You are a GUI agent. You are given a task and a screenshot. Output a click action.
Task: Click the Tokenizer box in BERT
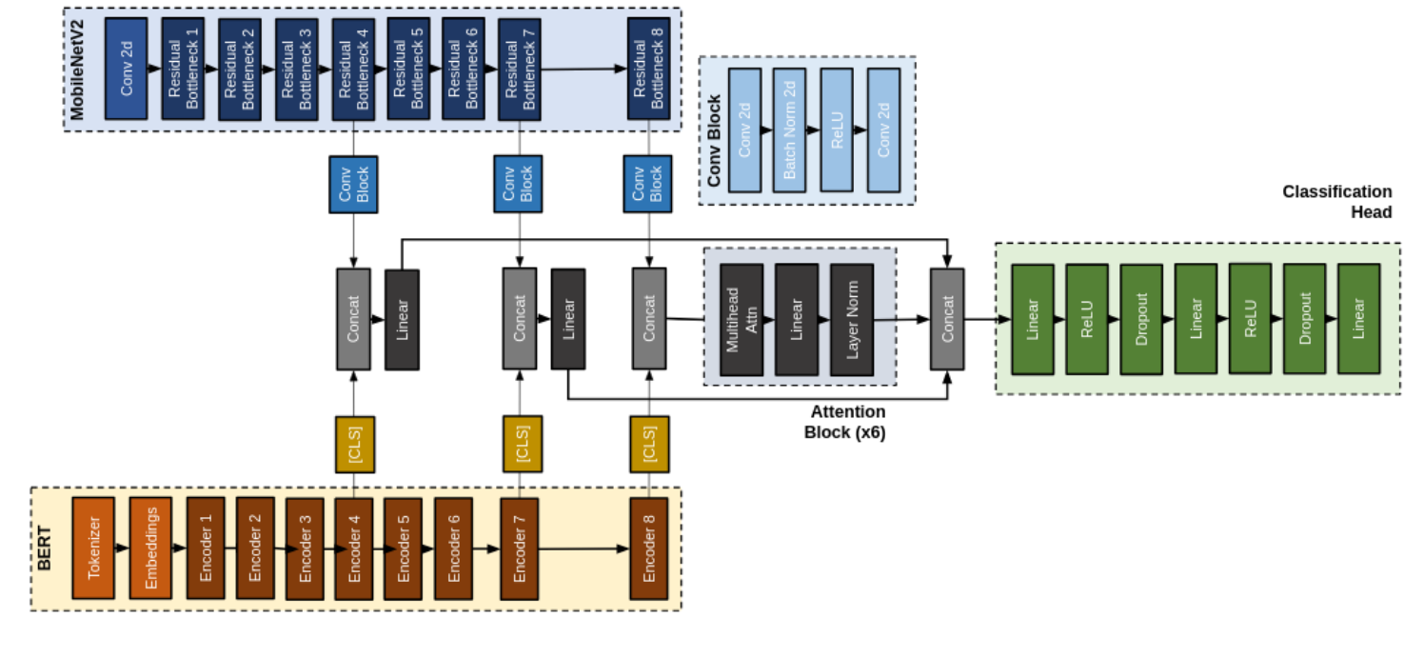coord(92,548)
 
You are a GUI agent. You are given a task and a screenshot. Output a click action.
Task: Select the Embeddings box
coord(149,548)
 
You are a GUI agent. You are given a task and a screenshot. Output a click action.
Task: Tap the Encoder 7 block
coord(519,548)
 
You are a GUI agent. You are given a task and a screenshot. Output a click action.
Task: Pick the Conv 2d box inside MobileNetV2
coord(126,69)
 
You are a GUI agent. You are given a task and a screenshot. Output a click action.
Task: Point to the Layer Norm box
coord(851,319)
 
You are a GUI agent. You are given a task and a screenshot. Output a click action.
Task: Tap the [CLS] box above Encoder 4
coord(354,444)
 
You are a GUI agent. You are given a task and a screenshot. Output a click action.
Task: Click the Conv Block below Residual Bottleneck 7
coord(519,184)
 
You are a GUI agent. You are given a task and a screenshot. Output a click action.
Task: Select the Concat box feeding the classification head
coord(946,319)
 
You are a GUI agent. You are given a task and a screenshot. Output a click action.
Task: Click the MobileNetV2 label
coord(77,69)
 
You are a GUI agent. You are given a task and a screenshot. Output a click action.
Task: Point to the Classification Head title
coord(1336,202)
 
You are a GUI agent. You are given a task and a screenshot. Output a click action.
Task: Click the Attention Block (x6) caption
coord(845,422)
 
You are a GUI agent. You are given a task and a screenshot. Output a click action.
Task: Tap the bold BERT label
coord(45,548)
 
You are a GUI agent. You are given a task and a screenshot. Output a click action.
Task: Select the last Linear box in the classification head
coord(1358,319)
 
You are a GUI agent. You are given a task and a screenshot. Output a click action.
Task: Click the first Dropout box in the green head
coord(1141,319)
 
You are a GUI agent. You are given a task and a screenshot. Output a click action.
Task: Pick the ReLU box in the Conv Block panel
coord(836,130)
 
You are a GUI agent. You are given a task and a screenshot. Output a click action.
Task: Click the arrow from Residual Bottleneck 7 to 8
coord(584,69)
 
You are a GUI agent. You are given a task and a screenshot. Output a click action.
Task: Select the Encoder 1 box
coord(206,548)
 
